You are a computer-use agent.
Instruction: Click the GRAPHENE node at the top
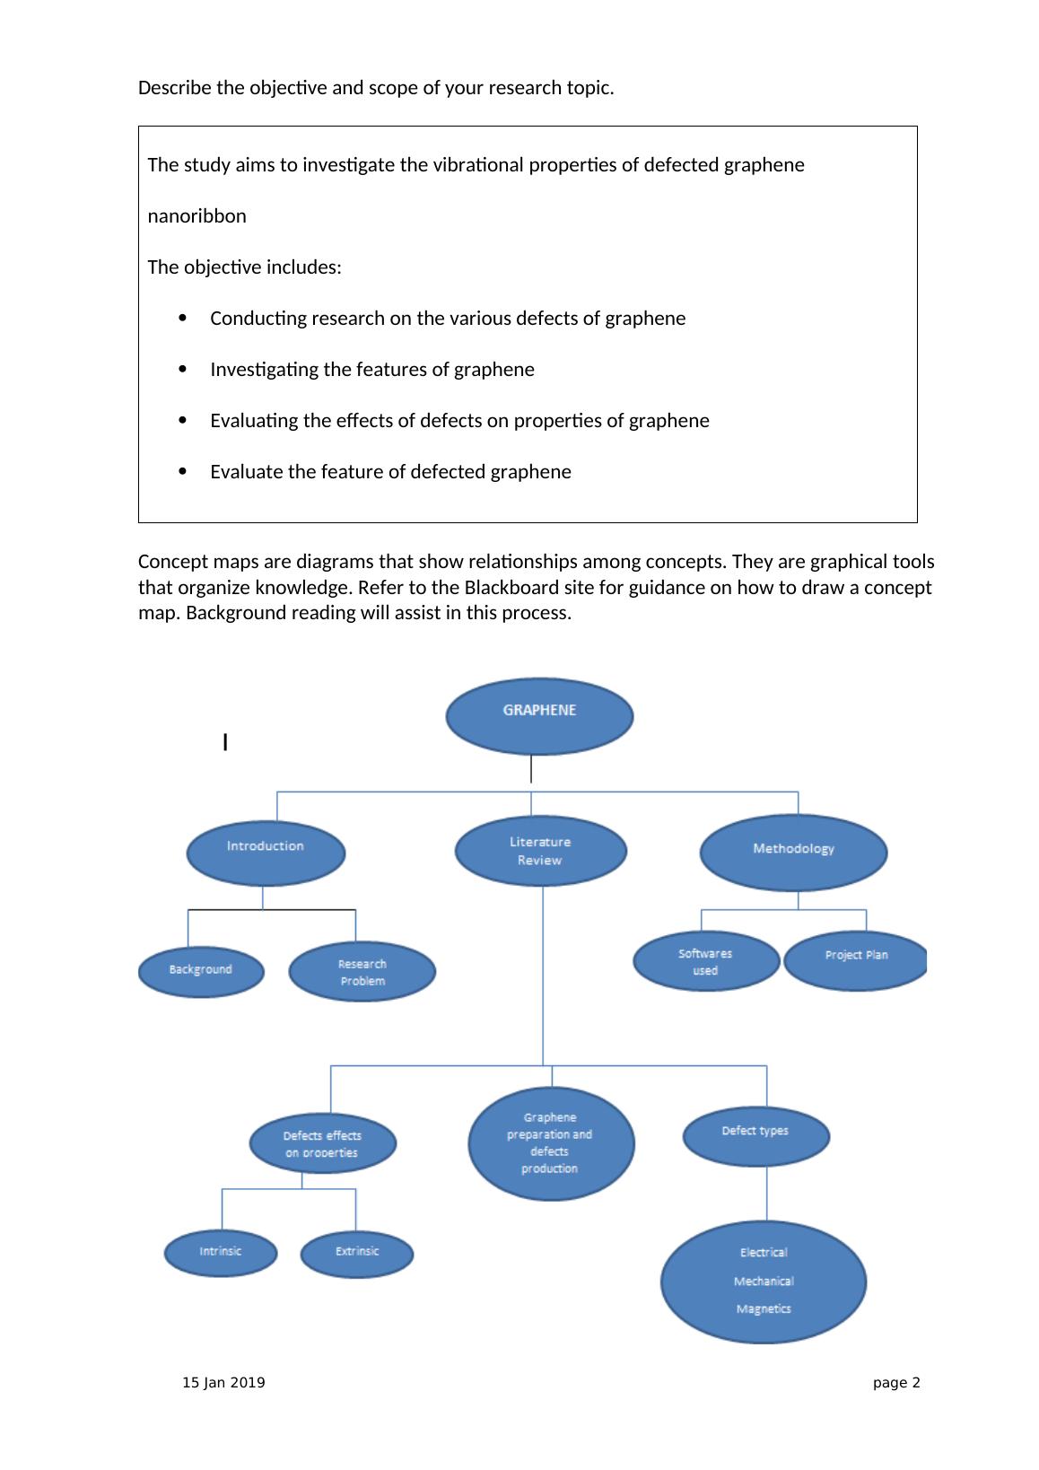(539, 715)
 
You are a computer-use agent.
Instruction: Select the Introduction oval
(266, 852)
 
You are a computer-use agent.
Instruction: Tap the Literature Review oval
(540, 851)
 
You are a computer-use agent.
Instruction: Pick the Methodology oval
(793, 852)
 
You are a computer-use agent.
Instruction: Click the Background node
(201, 970)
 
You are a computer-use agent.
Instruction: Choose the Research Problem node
(362, 972)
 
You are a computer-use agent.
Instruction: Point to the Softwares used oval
(706, 962)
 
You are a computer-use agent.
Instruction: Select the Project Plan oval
(856, 960)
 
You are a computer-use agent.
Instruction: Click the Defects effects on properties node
(322, 1143)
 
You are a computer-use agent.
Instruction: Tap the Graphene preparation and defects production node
(551, 1143)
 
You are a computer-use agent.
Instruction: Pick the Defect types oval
(755, 1135)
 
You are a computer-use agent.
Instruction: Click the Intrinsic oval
(221, 1252)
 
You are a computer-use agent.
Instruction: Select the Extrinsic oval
(357, 1253)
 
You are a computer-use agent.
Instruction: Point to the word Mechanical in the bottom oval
(764, 1282)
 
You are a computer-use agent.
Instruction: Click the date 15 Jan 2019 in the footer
(223, 1383)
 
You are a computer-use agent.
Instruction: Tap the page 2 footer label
(896, 1383)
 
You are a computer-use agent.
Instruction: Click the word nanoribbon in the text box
(196, 216)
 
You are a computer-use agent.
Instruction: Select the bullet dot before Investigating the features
(183, 369)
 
